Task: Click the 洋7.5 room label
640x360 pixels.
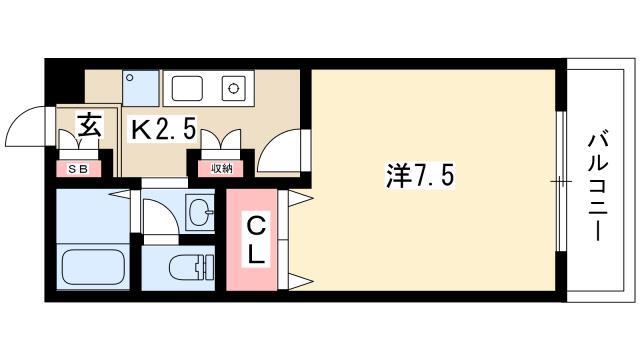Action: pyautogui.click(x=420, y=176)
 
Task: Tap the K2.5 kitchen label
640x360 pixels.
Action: pyautogui.click(x=163, y=128)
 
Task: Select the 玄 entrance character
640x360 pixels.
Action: pyautogui.click(x=89, y=124)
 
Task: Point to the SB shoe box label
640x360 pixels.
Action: pyautogui.click(x=78, y=169)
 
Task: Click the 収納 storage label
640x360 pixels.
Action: pyautogui.click(x=222, y=169)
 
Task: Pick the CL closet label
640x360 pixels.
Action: pyautogui.click(x=257, y=241)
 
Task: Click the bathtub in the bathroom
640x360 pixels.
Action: pyautogui.click(x=93, y=266)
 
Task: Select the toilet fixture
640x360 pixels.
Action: pyautogui.click(x=191, y=267)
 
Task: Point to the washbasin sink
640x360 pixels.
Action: pyautogui.click(x=200, y=212)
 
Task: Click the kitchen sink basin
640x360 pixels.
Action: pyautogui.click(x=187, y=88)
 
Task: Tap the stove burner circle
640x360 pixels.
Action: pyautogui.click(x=233, y=88)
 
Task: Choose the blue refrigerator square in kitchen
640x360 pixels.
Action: pyautogui.click(x=140, y=88)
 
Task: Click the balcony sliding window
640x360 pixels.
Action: pyautogui.click(x=562, y=181)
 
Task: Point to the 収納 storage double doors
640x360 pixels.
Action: pyautogui.click(x=221, y=139)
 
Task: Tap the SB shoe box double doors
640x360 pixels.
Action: pyautogui.click(x=79, y=140)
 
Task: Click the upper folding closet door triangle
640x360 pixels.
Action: pyautogui.click(x=301, y=198)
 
